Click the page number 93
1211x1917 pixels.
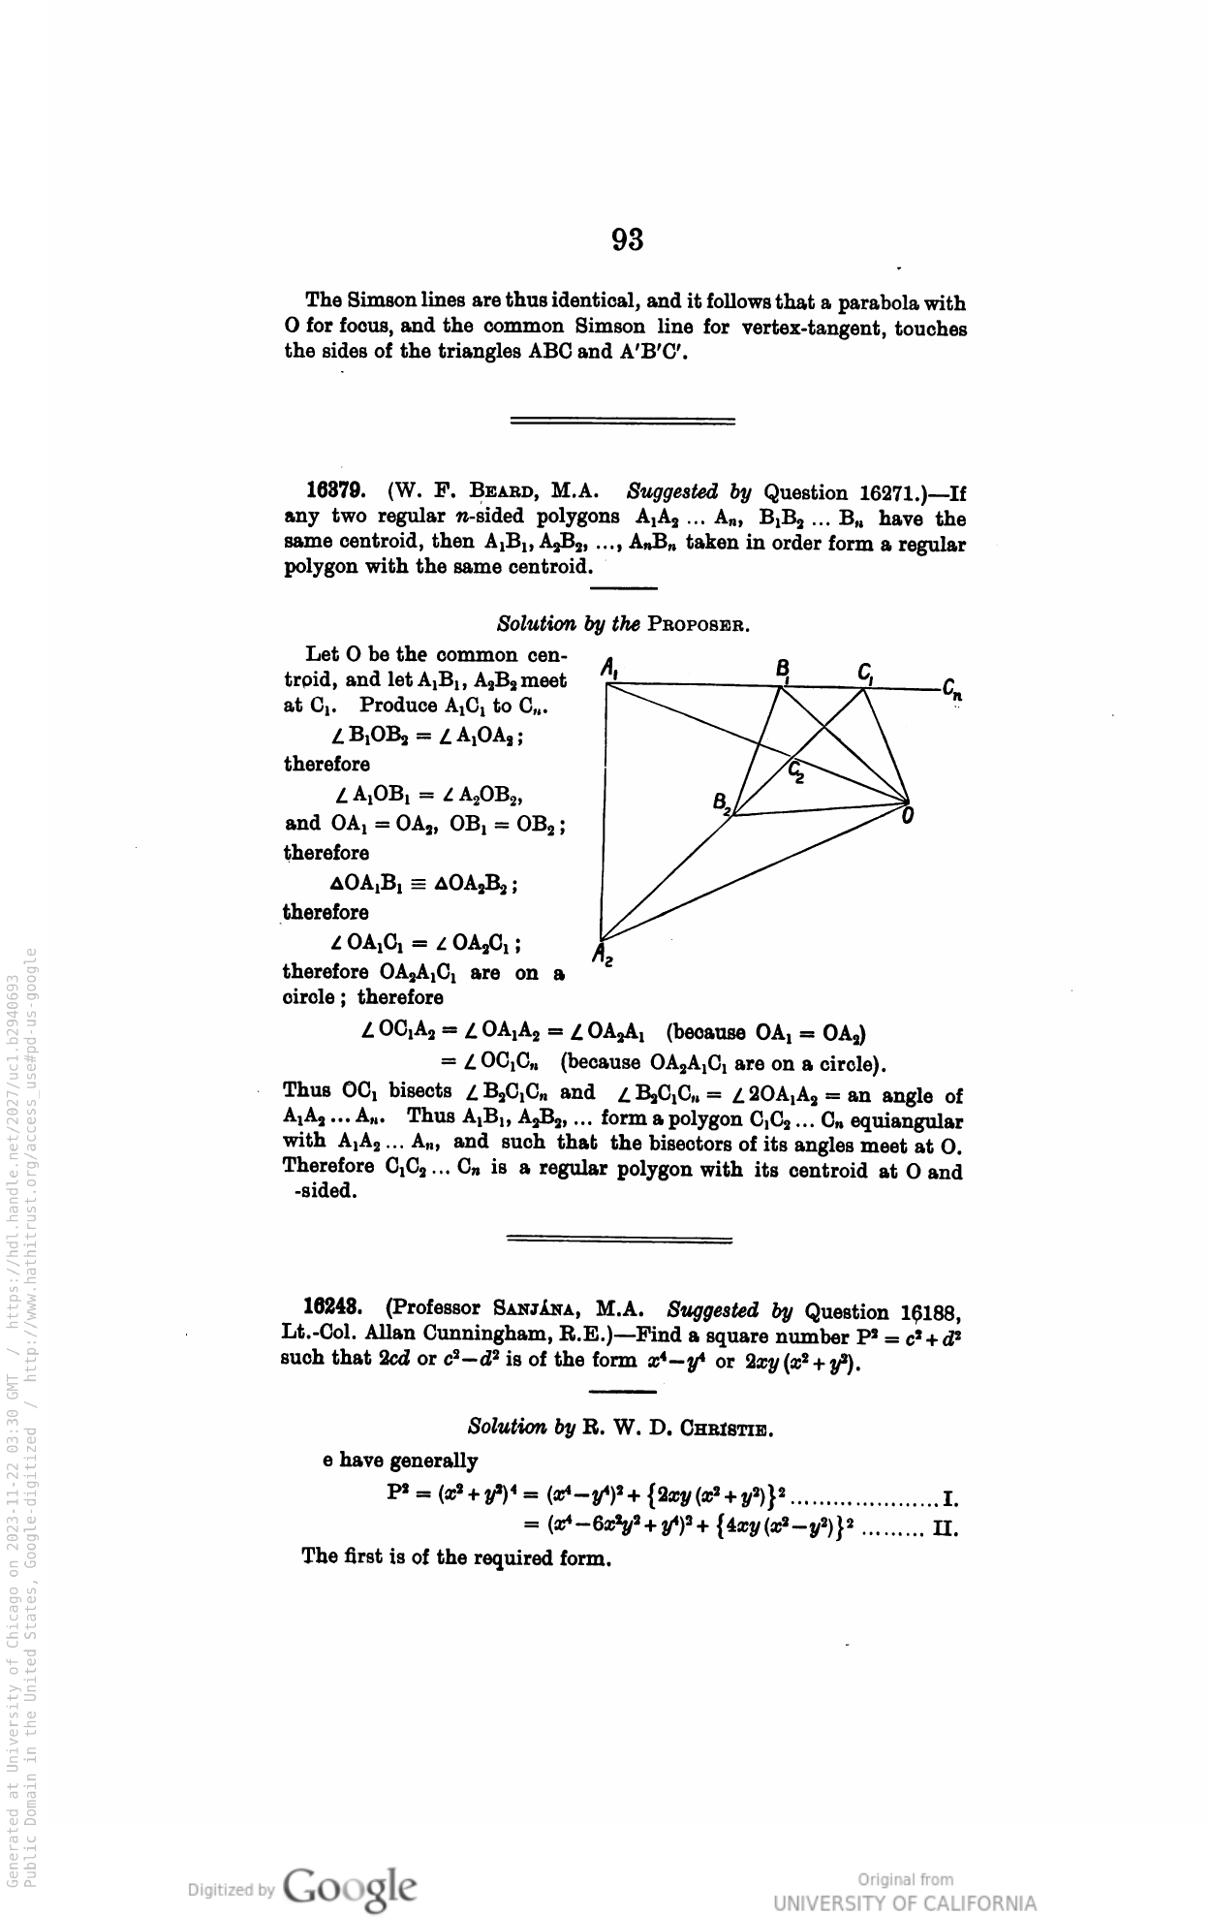point(628,239)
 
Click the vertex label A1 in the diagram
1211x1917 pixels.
point(611,668)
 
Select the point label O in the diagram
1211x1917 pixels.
point(908,817)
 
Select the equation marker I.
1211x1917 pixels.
point(950,1501)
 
